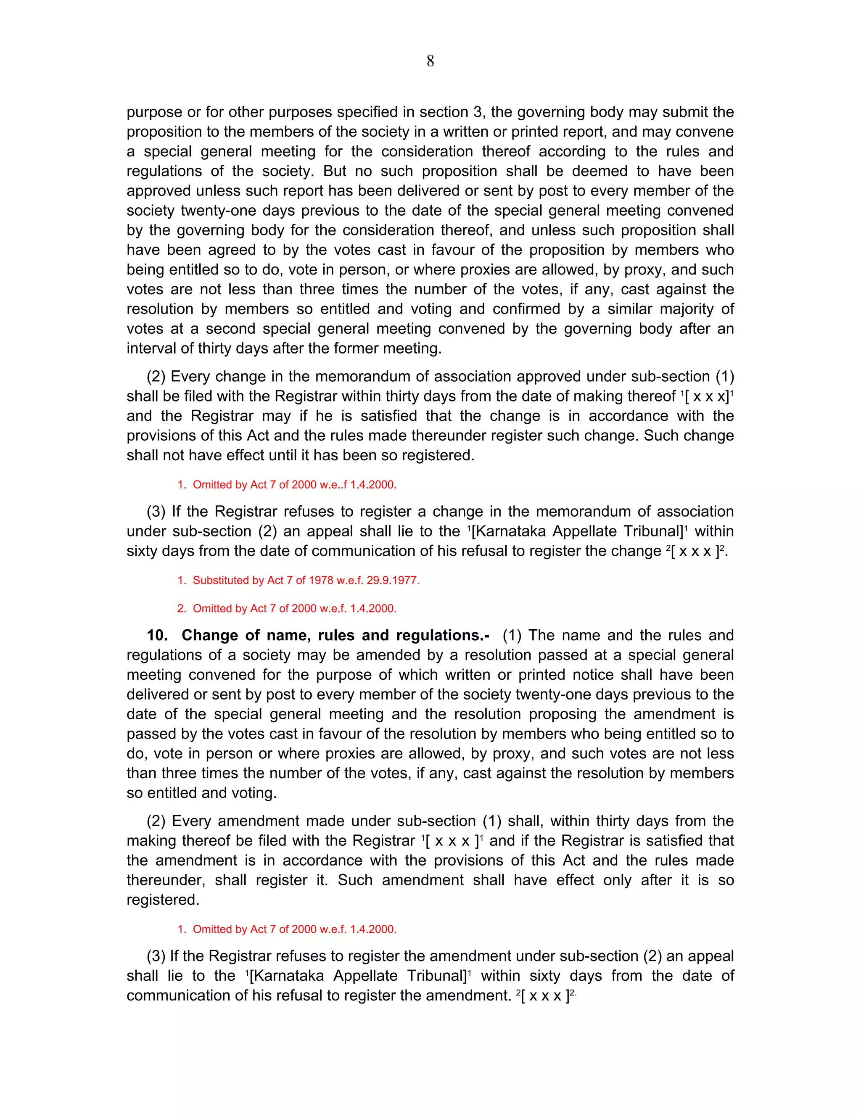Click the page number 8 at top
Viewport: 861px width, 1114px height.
pyautogui.click(x=430, y=61)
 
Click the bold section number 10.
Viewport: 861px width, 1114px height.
pyautogui.click(x=157, y=635)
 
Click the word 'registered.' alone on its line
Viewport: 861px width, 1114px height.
pyautogui.click(x=163, y=899)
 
